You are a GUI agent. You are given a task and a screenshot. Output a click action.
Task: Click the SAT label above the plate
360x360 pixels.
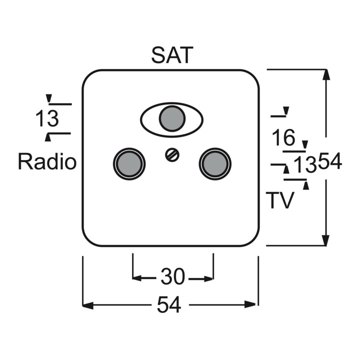click(172, 55)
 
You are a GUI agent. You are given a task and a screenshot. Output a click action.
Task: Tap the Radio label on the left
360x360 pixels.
click(47, 161)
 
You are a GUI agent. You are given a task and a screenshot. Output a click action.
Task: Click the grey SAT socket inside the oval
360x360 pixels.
click(172, 118)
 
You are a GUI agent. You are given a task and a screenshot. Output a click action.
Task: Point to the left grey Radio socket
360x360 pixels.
click(129, 164)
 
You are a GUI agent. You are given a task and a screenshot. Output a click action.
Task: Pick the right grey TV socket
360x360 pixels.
click(215, 164)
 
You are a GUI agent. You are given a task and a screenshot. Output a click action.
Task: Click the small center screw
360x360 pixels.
click(172, 154)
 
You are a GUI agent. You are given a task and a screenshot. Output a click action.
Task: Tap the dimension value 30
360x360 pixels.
click(172, 276)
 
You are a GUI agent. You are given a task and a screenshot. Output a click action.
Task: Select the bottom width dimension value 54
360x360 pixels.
click(169, 304)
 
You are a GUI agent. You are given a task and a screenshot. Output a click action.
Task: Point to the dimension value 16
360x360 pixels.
click(283, 138)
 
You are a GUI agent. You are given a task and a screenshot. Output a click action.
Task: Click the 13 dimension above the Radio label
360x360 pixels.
click(47, 118)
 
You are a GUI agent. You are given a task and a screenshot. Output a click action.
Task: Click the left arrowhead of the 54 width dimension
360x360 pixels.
click(87, 305)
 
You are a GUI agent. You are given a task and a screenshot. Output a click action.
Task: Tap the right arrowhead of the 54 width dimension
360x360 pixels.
click(250, 304)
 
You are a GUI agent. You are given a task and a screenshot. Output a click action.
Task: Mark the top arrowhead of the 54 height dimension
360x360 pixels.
click(326, 74)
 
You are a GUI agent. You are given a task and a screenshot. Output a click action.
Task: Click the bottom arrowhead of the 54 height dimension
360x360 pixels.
click(326, 240)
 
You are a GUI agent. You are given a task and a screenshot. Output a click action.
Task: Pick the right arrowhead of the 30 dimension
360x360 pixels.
click(208, 279)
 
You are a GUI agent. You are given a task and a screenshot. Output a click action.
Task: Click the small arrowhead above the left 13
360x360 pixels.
click(49, 98)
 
